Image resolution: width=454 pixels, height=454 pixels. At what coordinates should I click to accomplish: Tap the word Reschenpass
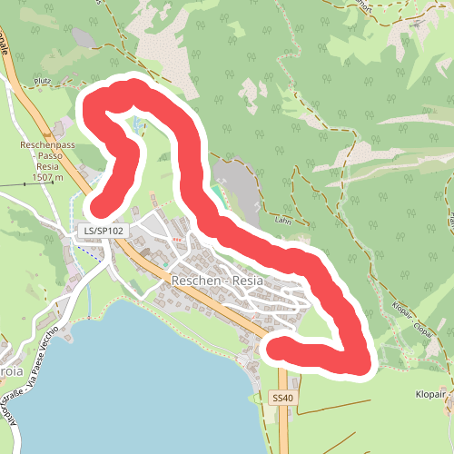pos(47,144)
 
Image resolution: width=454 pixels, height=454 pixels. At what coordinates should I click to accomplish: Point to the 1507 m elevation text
pos(46,177)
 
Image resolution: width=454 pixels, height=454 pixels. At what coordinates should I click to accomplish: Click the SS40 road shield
pos(283,398)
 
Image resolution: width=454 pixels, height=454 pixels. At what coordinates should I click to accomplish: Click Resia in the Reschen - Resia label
pos(247,281)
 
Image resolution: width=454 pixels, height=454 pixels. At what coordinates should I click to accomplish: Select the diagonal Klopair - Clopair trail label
pos(410,319)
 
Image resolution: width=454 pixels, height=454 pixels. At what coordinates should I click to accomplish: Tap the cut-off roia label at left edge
pos(12,345)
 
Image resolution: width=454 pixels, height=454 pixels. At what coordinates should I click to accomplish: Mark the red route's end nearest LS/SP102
pos(99,206)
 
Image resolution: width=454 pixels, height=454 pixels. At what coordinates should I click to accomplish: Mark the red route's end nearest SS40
pos(273,348)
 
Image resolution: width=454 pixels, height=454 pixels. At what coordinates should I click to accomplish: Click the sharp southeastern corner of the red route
pos(361,363)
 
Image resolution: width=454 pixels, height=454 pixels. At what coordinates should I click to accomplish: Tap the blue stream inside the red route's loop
pos(137,127)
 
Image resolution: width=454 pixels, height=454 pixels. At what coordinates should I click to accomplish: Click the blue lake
pos(136,381)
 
